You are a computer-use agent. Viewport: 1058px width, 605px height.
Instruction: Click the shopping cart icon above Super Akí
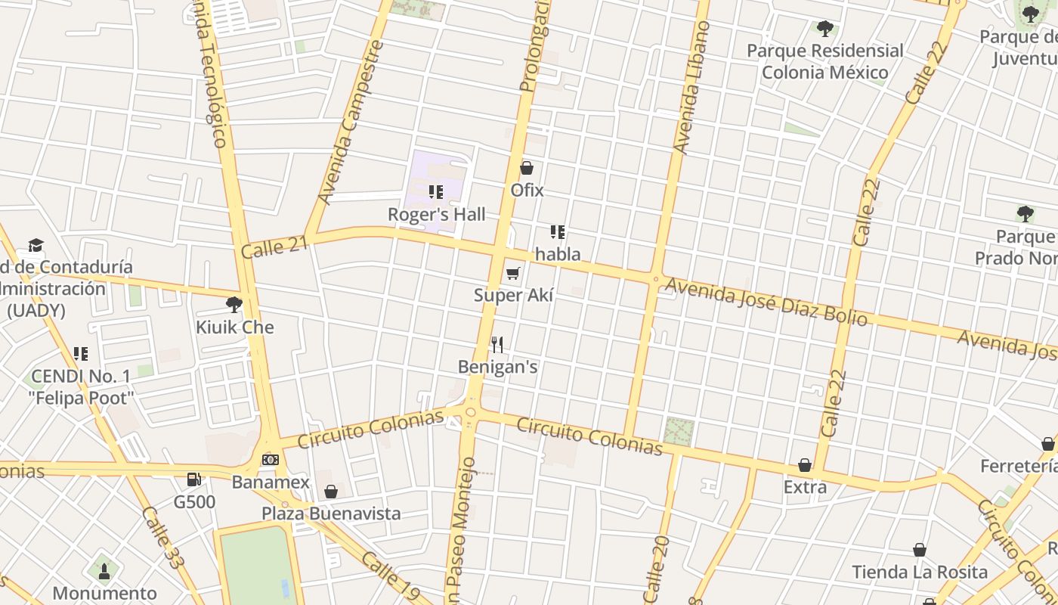tap(513, 273)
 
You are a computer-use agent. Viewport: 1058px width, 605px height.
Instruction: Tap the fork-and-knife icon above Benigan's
tap(497, 345)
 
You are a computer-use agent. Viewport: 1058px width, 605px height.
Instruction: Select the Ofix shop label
tap(527, 190)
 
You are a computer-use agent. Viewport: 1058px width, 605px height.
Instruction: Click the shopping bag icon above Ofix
tap(527, 168)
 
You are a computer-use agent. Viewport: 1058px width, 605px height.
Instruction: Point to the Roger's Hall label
tap(437, 214)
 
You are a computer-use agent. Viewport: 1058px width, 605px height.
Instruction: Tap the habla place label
tap(558, 254)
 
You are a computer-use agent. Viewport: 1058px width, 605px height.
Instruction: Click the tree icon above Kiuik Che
tap(234, 305)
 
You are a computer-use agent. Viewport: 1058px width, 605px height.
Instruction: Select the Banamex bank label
tap(271, 482)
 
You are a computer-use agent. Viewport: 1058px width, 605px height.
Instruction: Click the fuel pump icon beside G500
tap(194, 479)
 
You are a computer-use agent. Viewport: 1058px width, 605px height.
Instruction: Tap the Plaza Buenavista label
tap(331, 513)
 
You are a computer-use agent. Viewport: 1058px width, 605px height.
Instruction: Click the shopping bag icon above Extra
tap(805, 465)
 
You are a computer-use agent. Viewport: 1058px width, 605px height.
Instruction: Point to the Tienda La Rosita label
tap(920, 572)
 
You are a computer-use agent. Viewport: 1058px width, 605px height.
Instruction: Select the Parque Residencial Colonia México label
tap(824, 61)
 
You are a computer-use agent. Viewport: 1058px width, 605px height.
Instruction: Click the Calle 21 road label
tap(275, 245)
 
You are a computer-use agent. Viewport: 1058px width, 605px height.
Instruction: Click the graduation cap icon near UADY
tap(36, 245)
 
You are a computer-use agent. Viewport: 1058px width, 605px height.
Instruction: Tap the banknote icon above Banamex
tap(271, 460)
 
